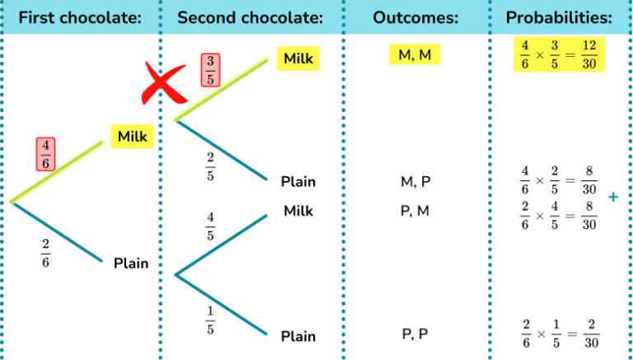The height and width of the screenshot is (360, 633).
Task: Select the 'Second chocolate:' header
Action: pyautogui.click(x=250, y=17)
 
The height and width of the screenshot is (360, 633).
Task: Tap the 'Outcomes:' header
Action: pyautogui.click(x=415, y=17)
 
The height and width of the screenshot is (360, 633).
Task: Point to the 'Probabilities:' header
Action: pyautogui.click(x=559, y=17)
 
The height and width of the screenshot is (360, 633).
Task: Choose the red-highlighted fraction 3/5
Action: pyautogui.click(x=210, y=70)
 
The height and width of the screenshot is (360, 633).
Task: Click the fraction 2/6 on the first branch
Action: pyautogui.click(x=45, y=255)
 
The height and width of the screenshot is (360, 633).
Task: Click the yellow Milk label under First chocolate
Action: pyautogui.click(x=132, y=136)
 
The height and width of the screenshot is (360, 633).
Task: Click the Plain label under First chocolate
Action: pyautogui.click(x=132, y=264)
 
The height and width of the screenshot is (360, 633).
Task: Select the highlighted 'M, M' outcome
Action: pyautogui.click(x=415, y=55)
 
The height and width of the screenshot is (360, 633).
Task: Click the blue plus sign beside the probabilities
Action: pyautogui.click(x=612, y=198)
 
